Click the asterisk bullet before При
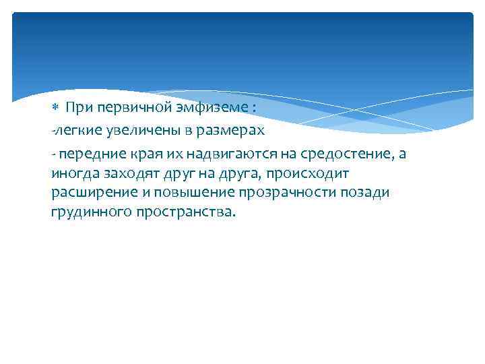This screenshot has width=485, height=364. (56, 107)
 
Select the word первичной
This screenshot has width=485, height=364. (126, 107)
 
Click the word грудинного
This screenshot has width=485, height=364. (85, 212)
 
